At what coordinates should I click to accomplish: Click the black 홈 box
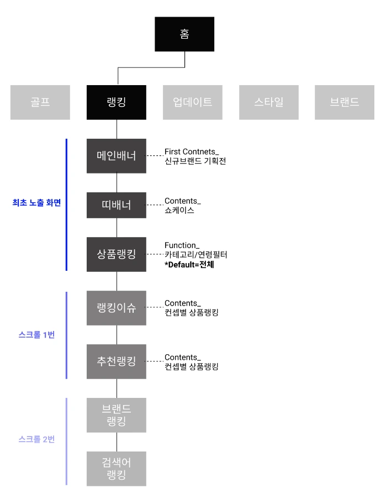184,34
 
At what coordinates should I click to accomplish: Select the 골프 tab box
40,102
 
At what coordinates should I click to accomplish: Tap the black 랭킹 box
116,102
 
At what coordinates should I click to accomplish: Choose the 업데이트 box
192,102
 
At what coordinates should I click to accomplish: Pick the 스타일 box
268,102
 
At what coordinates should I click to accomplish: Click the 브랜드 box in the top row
344,102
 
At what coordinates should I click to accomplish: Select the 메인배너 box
116,156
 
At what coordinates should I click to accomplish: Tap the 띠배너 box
116,205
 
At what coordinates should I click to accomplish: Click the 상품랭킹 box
116,254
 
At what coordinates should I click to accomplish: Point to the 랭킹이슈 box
116,308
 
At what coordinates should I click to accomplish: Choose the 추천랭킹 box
116,361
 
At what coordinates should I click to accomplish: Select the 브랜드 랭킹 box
116,415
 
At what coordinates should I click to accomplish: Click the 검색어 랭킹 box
116,469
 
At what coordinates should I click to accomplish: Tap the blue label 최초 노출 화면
36,203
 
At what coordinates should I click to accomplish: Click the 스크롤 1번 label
36,335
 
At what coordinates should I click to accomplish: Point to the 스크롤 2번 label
36,440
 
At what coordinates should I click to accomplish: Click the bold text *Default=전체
189,265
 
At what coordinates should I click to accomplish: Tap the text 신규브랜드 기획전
195,161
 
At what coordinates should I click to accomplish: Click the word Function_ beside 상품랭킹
181,245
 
